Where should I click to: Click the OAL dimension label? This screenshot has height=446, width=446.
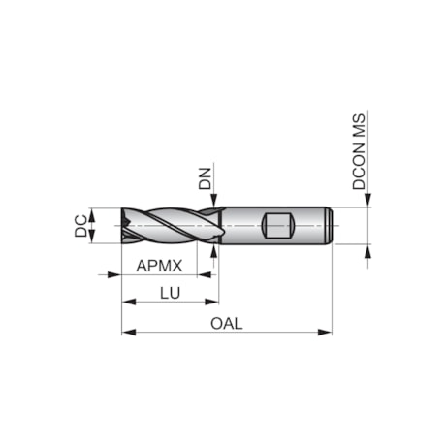click(x=226, y=323)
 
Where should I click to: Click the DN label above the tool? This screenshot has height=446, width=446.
click(x=205, y=178)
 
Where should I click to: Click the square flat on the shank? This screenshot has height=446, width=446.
click(x=278, y=226)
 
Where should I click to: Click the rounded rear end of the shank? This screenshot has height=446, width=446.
click(x=331, y=225)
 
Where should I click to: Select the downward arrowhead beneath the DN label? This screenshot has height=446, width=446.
click(x=213, y=202)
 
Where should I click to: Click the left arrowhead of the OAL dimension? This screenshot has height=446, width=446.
click(x=127, y=333)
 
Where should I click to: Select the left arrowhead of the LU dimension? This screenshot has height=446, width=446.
click(x=127, y=302)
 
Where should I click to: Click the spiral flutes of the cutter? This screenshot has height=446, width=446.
click(x=165, y=225)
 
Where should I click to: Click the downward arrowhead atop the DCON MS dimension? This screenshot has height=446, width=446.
click(x=367, y=202)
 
